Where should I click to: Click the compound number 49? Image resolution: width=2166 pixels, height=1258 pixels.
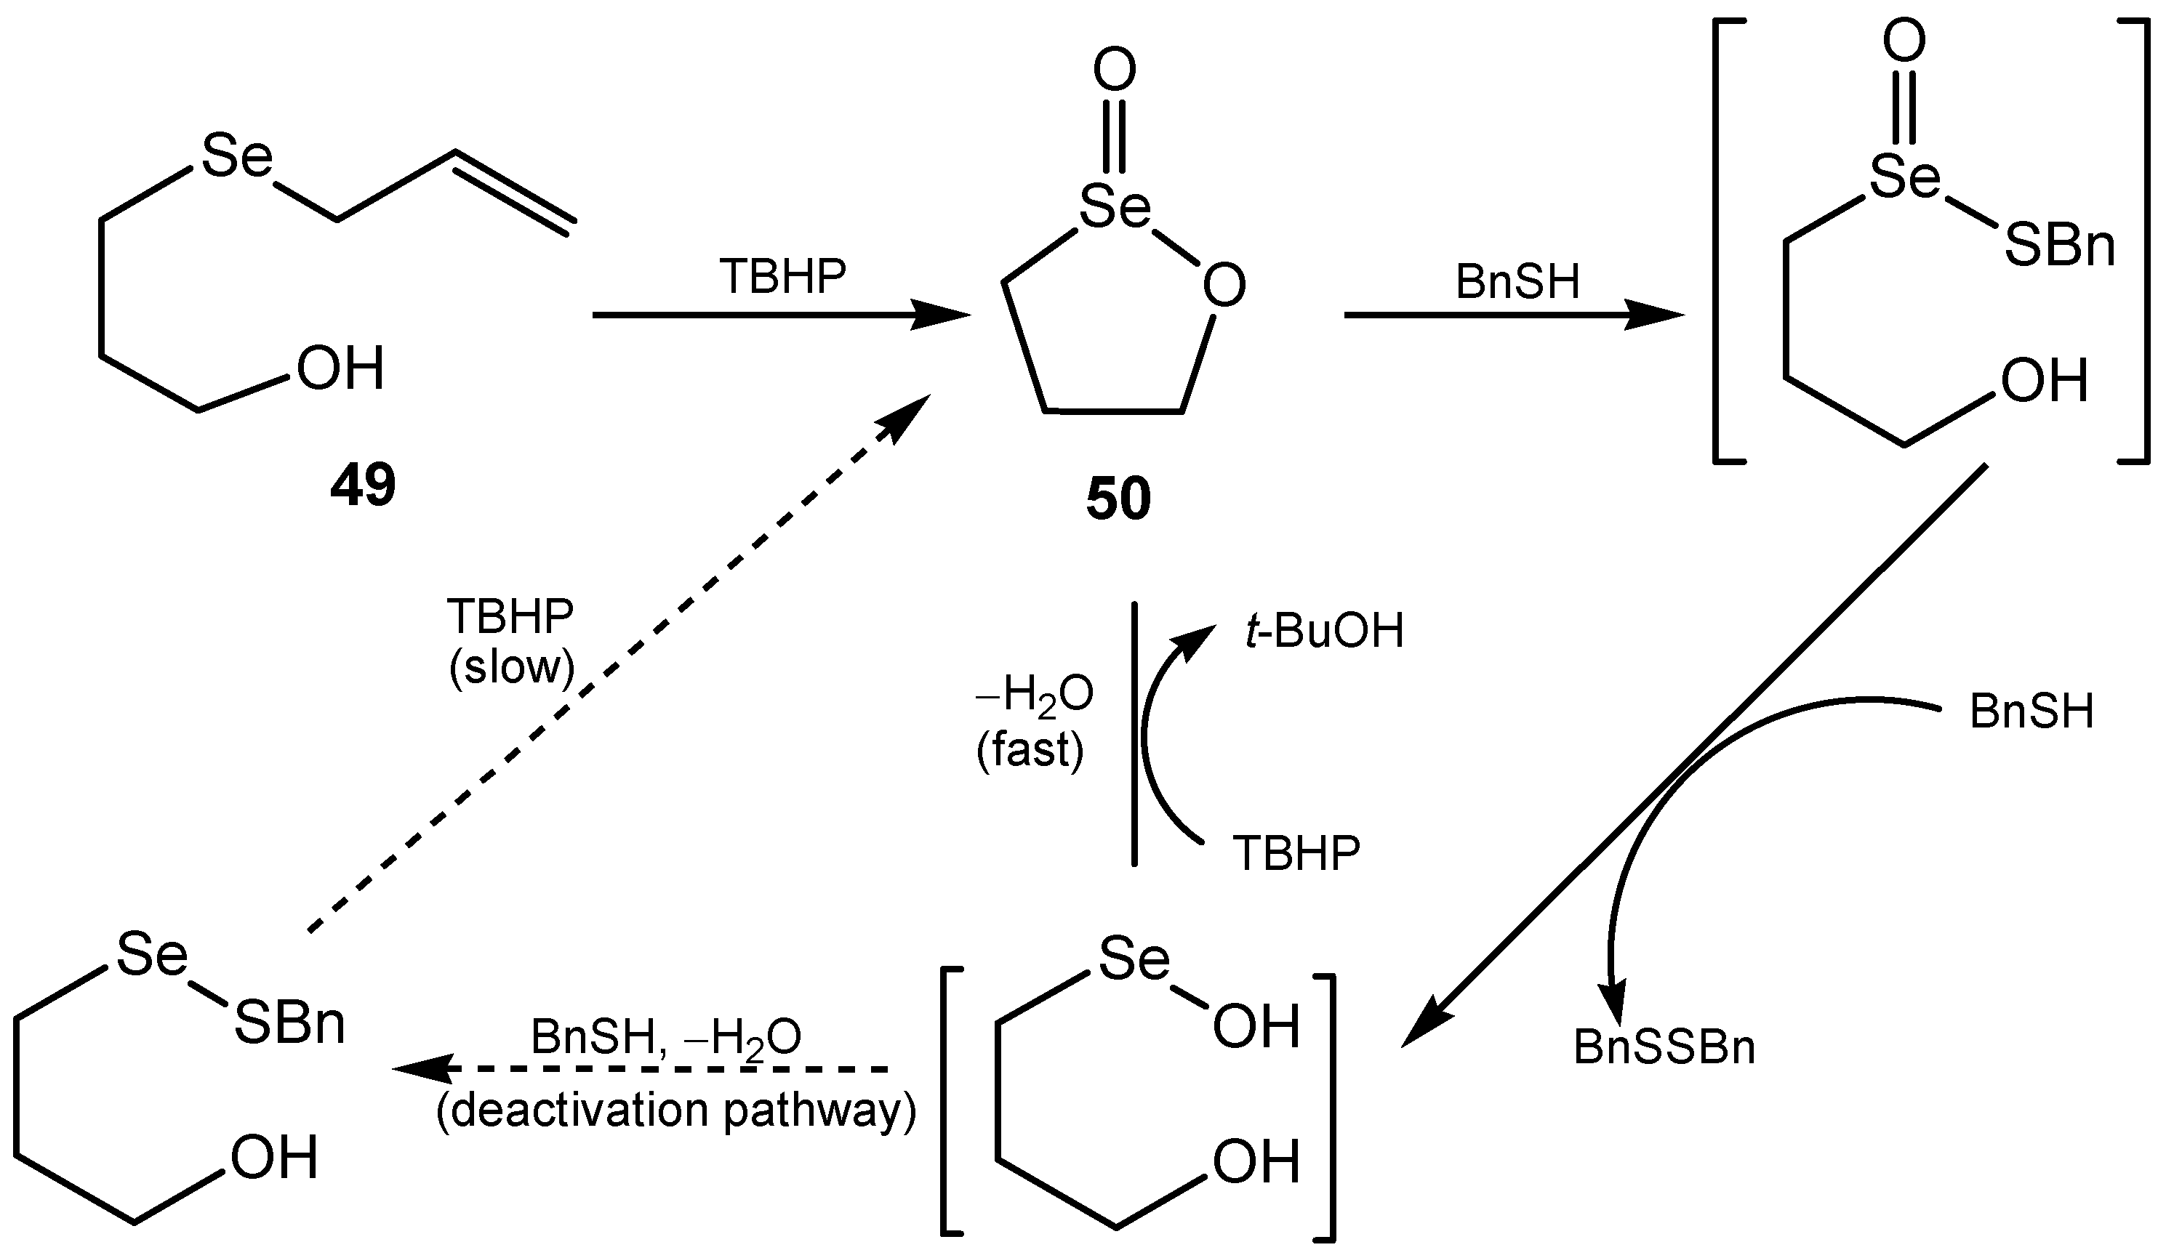coord(363,485)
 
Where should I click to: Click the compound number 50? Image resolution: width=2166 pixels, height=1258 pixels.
coord(1118,499)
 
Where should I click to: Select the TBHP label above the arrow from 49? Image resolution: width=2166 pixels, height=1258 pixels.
coord(783,278)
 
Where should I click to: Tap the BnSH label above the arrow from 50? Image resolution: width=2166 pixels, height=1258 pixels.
coord(1518,282)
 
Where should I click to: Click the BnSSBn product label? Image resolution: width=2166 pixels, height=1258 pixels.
coord(1664,1048)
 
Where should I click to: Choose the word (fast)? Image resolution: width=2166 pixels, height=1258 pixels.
coord(1030,750)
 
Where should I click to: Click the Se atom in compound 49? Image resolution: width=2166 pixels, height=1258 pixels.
coord(237,157)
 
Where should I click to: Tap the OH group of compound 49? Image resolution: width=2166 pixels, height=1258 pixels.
coord(340,369)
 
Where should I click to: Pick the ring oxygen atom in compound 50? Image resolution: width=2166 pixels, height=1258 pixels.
coord(1223,286)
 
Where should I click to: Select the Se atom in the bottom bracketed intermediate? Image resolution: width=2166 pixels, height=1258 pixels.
coord(1134,959)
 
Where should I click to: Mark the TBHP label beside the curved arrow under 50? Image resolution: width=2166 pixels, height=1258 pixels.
coord(1297,853)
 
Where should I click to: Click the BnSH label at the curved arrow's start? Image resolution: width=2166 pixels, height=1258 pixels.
coord(2031,712)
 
